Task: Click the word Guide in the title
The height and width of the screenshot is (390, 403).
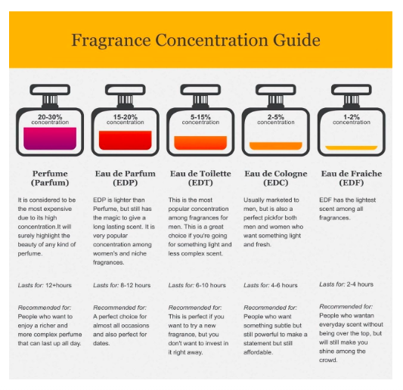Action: click(x=296, y=41)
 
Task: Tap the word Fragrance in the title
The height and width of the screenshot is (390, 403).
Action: click(x=111, y=41)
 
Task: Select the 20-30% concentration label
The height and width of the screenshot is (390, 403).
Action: click(x=50, y=119)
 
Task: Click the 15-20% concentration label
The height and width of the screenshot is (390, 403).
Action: click(x=126, y=119)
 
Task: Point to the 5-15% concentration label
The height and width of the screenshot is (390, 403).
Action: click(x=200, y=119)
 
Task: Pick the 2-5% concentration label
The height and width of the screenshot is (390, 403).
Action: click(x=276, y=119)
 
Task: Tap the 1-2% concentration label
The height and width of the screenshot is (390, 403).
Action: click(x=352, y=119)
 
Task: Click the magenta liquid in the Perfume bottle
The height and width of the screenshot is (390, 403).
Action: click(x=50, y=138)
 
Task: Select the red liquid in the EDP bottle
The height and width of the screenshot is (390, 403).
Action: click(x=126, y=141)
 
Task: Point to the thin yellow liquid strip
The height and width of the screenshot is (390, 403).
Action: click(x=352, y=147)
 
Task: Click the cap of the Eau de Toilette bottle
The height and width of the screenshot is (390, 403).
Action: click(x=200, y=90)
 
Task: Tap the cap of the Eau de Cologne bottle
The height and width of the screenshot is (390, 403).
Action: click(x=276, y=90)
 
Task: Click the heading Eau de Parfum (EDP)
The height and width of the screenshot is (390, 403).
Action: click(x=126, y=178)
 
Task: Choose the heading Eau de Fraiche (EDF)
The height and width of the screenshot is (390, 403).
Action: click(x=352, y=178)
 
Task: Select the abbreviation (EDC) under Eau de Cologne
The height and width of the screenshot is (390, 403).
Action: click(x=276, y=183)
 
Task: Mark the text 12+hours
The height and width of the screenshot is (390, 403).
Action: click(x=59, y=285)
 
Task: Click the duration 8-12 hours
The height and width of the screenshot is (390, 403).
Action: click(x=135, y=285)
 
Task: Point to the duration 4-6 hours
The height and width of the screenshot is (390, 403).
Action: click(x=284, y=285)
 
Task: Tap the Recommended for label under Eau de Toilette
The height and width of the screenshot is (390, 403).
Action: click(x=195, y=308)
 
